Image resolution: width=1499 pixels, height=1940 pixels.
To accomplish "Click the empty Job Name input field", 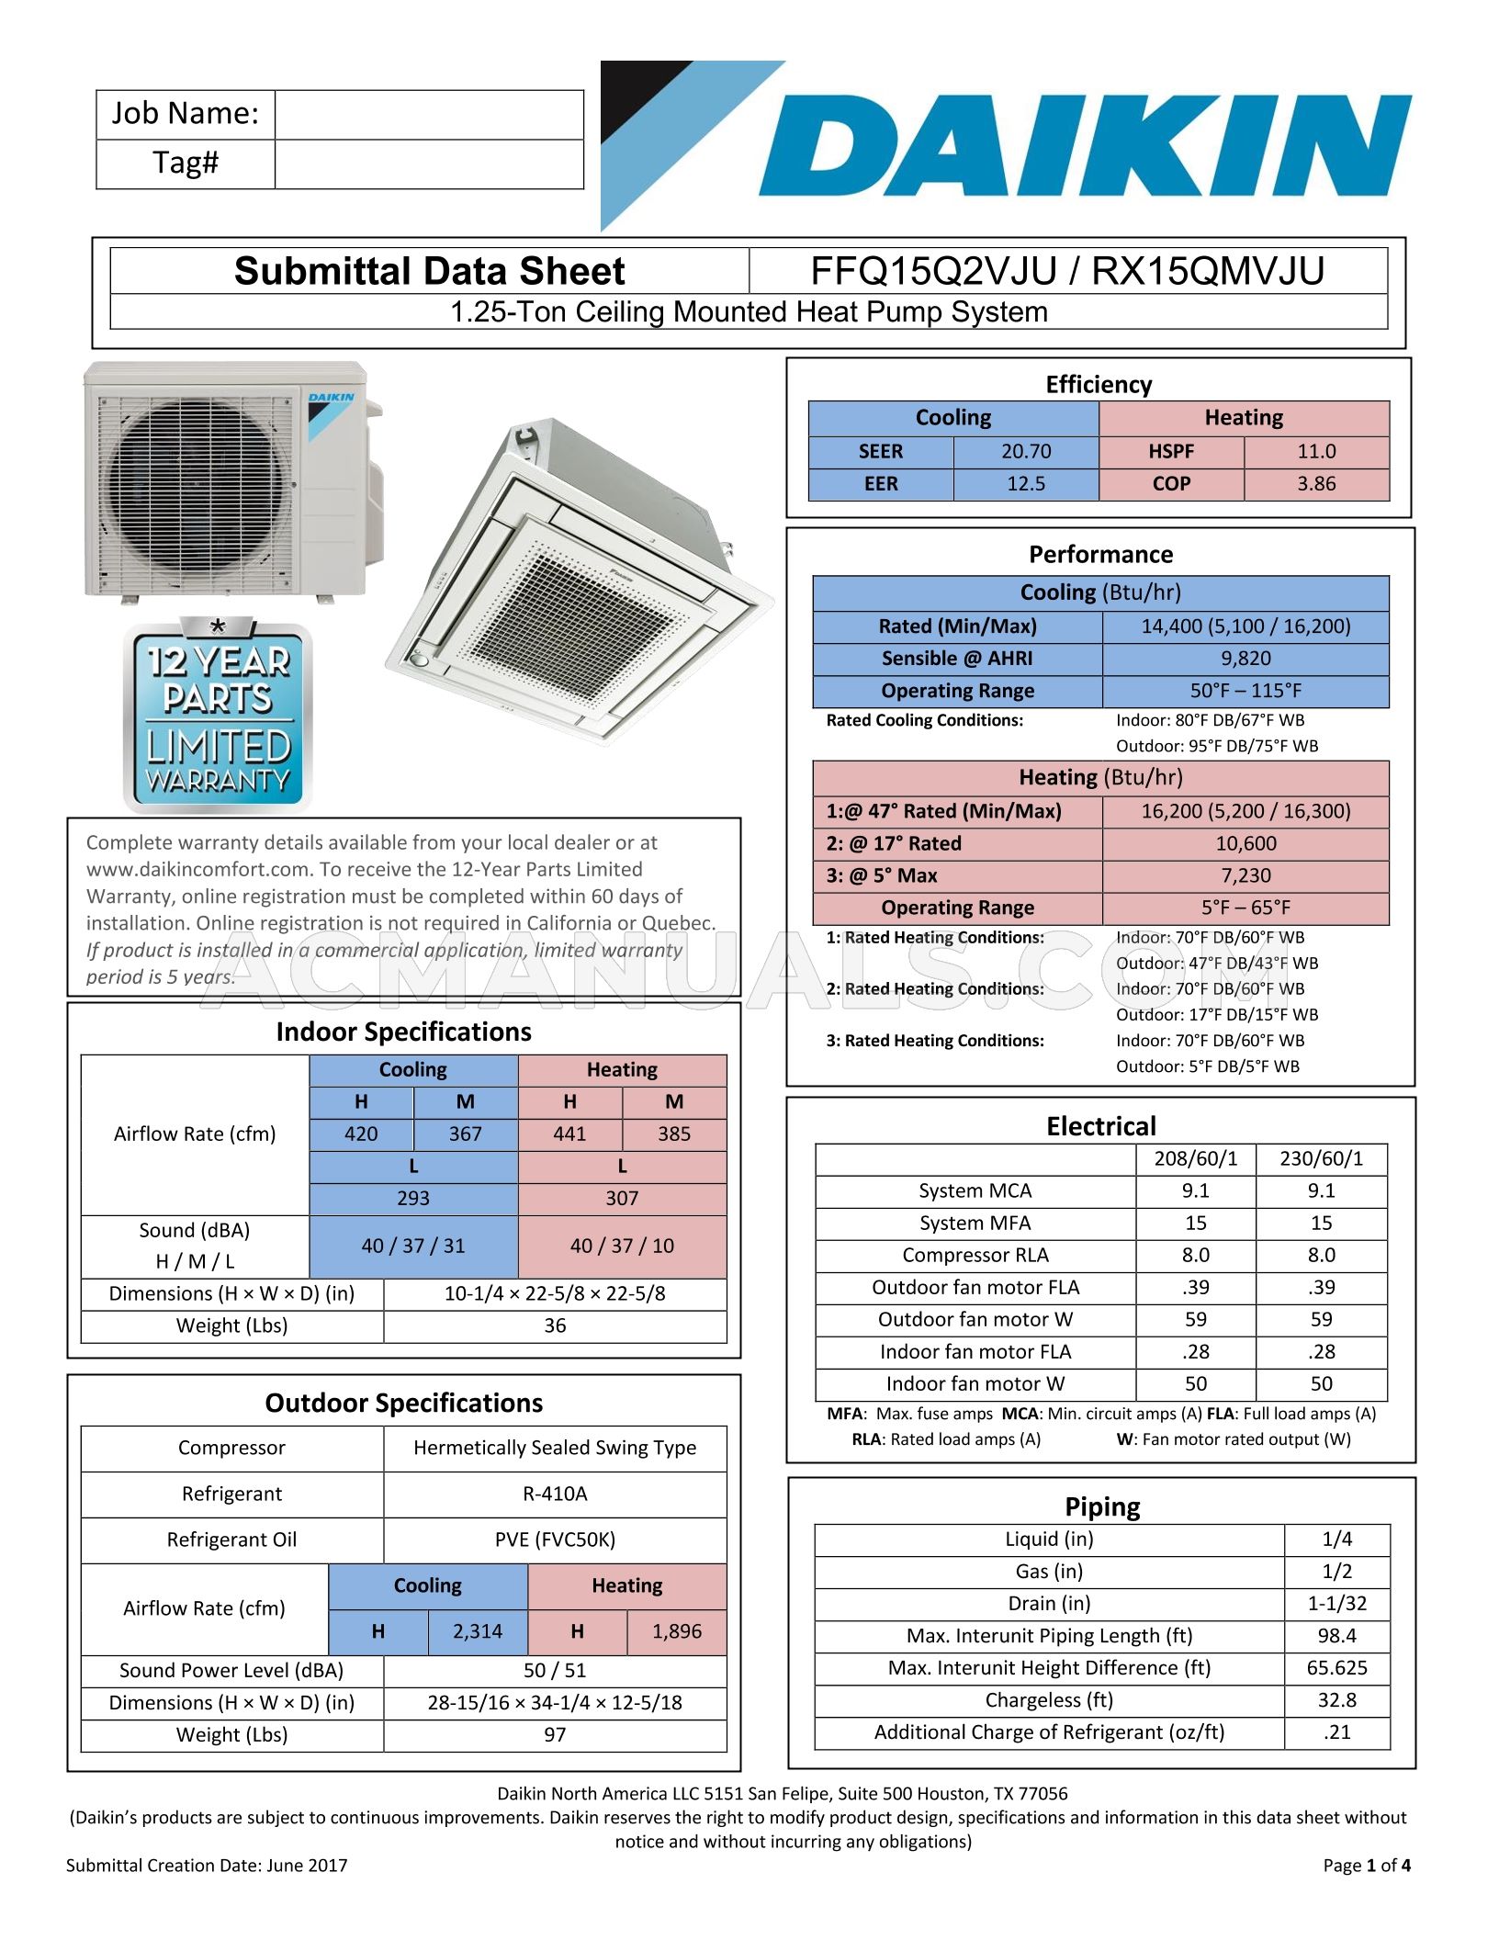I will tap(429, 115).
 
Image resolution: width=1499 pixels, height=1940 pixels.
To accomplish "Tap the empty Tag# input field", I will tap(429, 164).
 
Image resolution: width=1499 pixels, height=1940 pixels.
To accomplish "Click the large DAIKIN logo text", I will tap(1084, 147).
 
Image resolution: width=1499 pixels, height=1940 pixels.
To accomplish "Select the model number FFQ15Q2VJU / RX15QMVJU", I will tap(1067, 272).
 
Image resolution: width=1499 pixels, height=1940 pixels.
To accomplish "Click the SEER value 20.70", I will tap(1026, 452).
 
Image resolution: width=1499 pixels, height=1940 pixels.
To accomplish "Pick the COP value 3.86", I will tap(1315, 484).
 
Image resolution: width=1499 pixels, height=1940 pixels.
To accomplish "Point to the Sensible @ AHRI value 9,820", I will tap(1245, 659).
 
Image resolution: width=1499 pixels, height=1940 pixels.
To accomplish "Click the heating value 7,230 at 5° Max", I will tap(1245, 876).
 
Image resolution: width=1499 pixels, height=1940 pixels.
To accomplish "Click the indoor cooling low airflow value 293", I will tap(413, 1199).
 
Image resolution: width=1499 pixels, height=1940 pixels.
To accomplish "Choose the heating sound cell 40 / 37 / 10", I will tap(622, 1246).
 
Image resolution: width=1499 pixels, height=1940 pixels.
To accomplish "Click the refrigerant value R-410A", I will tap(555, 1494).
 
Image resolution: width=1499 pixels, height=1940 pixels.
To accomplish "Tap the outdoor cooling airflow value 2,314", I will tap(478, 1632).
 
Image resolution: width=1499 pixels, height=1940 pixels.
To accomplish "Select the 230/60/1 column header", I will tap(1321, 1159).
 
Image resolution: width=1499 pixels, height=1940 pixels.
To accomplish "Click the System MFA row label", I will tap(975, 1224).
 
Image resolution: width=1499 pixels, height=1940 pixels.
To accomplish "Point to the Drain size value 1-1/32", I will tap(1336, 1604).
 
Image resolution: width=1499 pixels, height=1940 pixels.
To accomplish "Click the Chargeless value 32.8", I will tap(1336, 1700).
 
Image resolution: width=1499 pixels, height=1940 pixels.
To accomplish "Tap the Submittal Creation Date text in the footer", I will tap(207, 1866).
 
